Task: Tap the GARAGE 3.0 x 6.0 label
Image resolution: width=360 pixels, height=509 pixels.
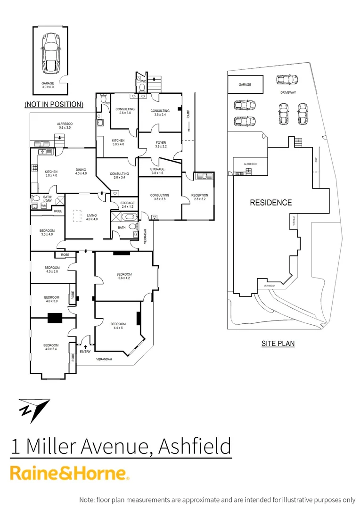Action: point(49,85)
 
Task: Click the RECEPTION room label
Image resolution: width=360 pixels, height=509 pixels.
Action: point(199,197)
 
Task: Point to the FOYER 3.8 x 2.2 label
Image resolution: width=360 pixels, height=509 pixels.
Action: point(161,145)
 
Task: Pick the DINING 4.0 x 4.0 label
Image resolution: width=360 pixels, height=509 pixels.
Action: point(81,172)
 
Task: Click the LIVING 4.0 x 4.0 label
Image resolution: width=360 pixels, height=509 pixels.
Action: point(91,217)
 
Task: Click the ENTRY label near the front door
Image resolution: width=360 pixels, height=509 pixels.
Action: point(85,351)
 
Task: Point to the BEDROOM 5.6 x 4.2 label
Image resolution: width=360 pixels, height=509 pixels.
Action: point(124,276)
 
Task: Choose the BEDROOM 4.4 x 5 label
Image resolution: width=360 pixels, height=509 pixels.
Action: point(118,326)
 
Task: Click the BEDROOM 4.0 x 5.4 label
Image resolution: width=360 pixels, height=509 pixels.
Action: point(52,347)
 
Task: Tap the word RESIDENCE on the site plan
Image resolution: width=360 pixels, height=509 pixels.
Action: point(270,203)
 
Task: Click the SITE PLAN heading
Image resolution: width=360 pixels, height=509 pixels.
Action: point(278,344)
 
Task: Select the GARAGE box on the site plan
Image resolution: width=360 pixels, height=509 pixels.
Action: point(245,85)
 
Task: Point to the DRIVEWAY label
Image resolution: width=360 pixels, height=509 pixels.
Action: point(288,92)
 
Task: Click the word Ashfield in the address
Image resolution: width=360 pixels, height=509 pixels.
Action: point(195,446)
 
